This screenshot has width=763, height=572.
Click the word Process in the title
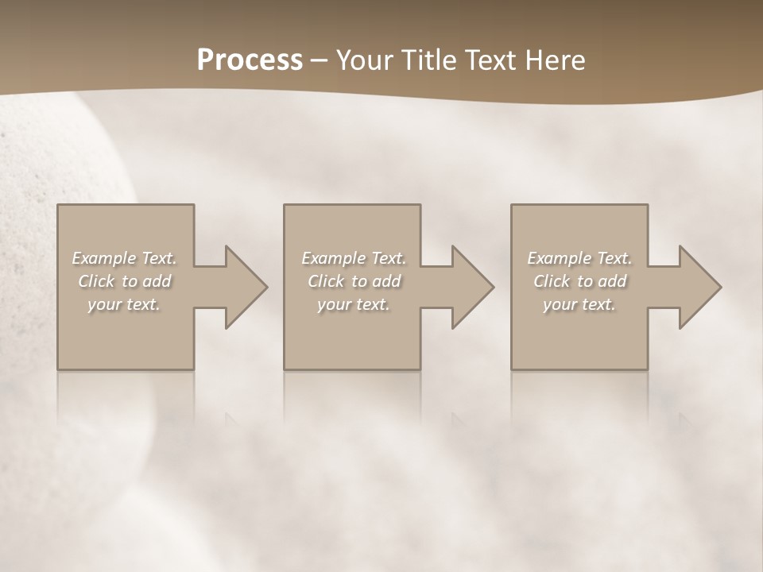point(250,60)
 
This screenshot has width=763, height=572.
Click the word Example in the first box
point(103,258)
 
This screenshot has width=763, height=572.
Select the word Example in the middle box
point(333,258)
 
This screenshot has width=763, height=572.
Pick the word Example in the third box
point(559,258)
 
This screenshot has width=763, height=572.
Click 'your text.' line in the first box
point(124,304)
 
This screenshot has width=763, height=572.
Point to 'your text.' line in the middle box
point(353,304)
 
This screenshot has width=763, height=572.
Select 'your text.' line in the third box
point(579,304)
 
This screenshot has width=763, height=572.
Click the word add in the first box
point(157,281)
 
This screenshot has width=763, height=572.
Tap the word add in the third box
point(612,281)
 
